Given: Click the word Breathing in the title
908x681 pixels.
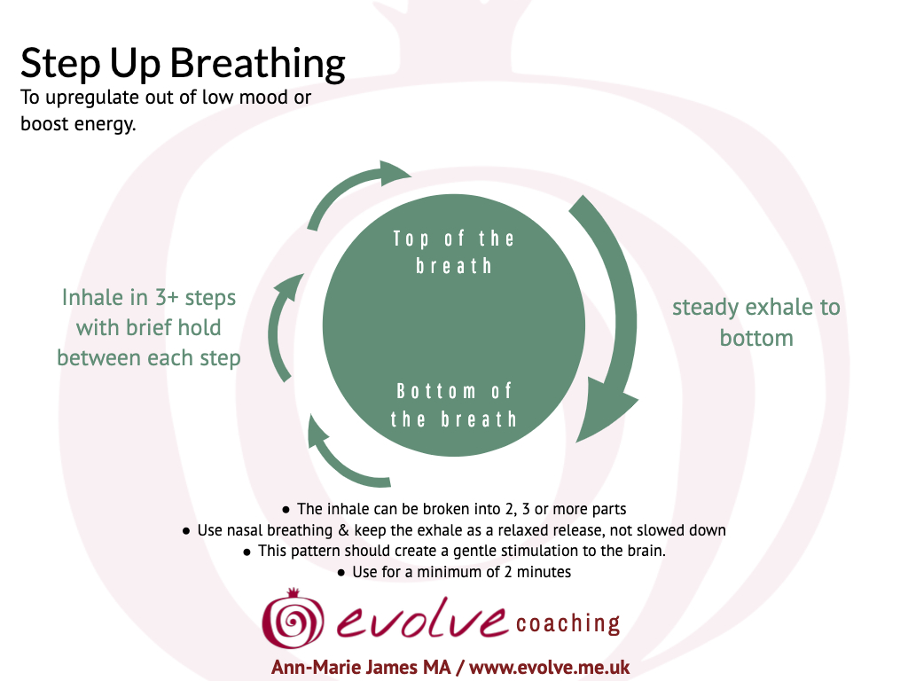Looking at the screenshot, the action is point(258,64).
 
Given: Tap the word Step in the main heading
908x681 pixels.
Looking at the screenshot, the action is point(60,64).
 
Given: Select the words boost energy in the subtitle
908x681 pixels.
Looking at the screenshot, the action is point(78,124).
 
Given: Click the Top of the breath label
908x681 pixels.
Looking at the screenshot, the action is point(454,252).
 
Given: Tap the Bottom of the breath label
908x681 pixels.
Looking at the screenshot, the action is point(454,404).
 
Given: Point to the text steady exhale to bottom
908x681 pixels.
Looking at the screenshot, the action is point(756,323).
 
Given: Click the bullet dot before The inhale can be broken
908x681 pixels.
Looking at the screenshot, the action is point(286,510).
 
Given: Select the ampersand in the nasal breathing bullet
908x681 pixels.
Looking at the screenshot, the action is point(343,530).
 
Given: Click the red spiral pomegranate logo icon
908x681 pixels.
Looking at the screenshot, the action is point(293,618).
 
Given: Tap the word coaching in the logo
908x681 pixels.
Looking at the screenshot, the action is point(568,623).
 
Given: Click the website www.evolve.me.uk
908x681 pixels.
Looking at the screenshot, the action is point(549,667).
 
